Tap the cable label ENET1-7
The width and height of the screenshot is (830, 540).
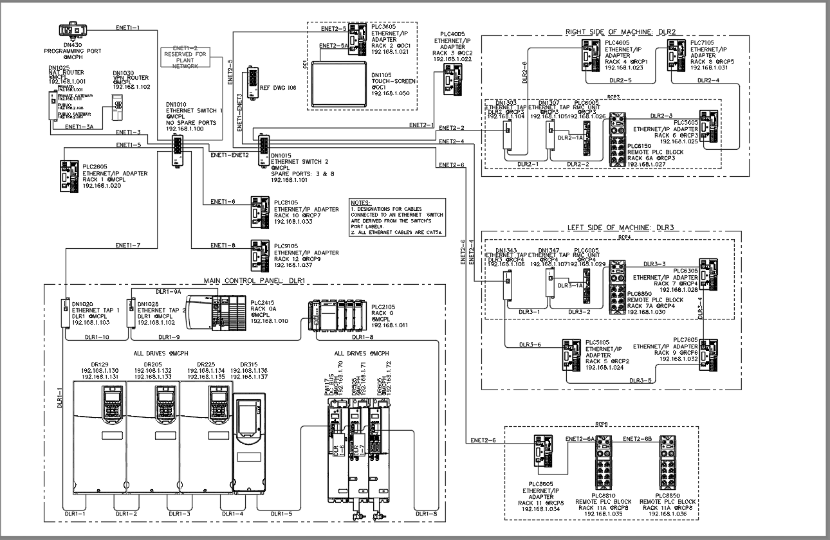(x=127, y=245)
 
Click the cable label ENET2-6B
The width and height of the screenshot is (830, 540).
(x=637, y=438)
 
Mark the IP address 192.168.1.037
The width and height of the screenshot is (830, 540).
(x=291, y=265)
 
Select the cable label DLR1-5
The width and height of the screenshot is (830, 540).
(x=281, y=514)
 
